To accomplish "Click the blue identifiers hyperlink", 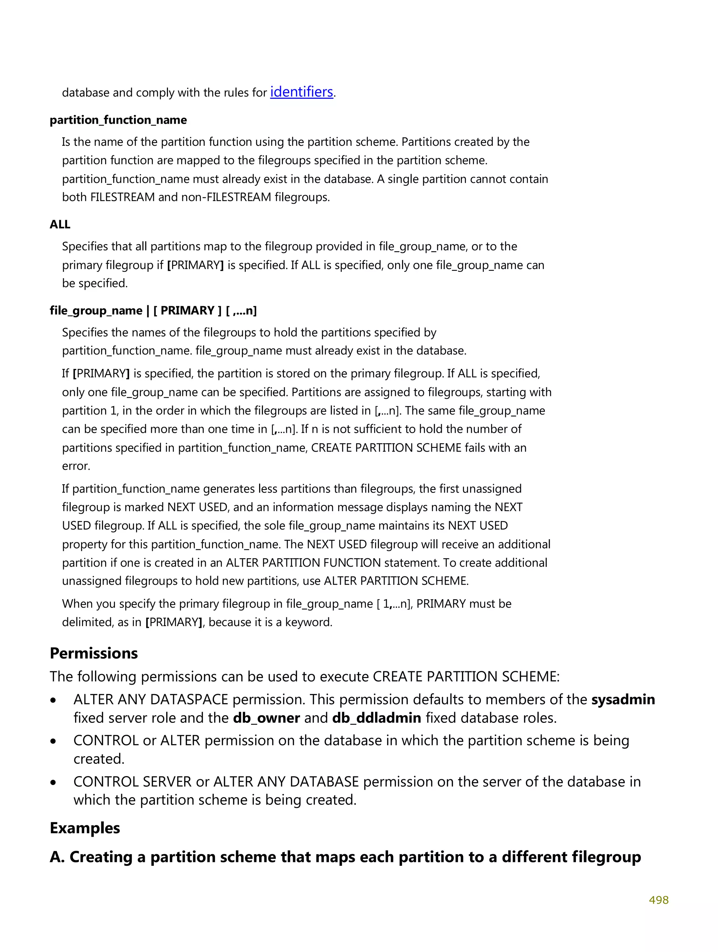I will click(302, 92).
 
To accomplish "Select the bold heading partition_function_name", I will click(118, 120).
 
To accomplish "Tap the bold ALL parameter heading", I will click(60, 225).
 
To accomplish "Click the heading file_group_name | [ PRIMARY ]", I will click(153, 311).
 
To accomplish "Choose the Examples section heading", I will click(85, 828).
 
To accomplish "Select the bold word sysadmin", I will click(623, 700).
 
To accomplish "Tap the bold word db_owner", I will click(266, 718).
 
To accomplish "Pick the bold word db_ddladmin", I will click(377, 718).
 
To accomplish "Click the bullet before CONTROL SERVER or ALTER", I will click(53, 782).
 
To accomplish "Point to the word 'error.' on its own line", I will click(76, 466).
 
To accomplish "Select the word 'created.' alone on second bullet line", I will click(99, 759).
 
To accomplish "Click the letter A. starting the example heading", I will click(57, 857).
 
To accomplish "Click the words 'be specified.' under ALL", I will click(95, 283).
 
